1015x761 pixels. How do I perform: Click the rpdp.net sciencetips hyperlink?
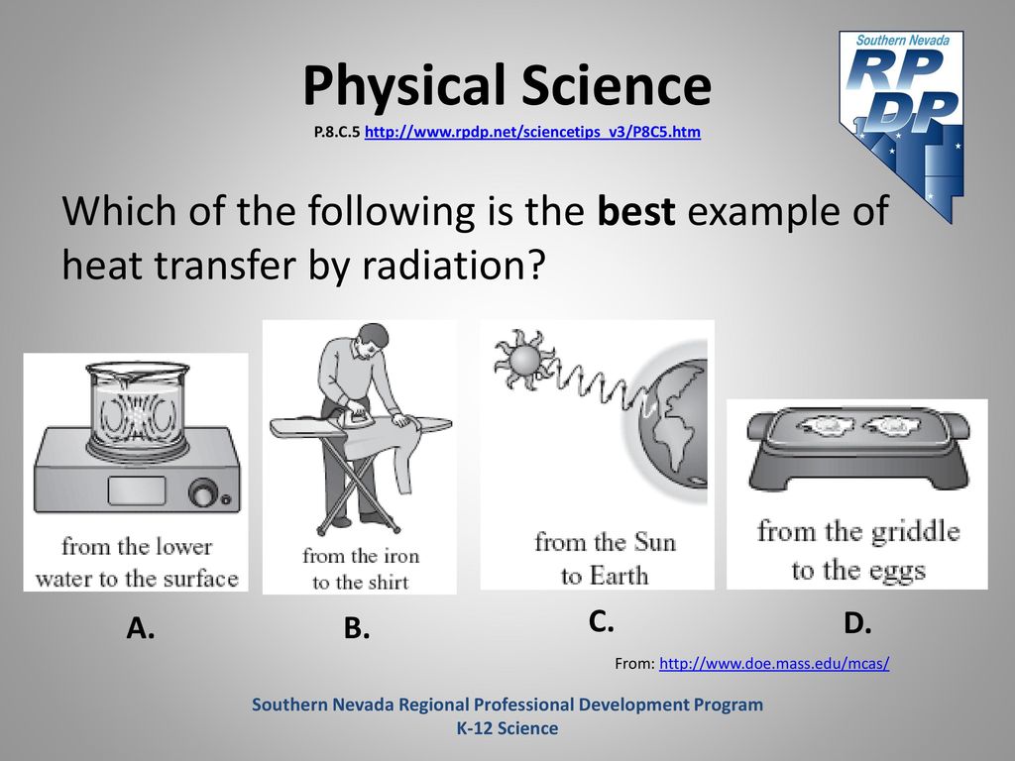(x=532, y=132)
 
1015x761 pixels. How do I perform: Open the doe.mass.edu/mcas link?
(x=774, y=663)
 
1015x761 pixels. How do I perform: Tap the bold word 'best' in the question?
(x=636, y=211)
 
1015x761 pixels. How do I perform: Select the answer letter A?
(x=141, y=627)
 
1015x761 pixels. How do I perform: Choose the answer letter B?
(x=357, y=628)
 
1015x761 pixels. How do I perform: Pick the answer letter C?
(x=602, y=621)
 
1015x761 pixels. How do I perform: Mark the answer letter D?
(x=857, y=623)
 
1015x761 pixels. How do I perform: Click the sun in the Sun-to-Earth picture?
(x=523, y=359)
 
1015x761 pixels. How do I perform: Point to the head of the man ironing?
(x=373, y=339)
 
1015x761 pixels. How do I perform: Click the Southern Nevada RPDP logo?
(x=902, y=126)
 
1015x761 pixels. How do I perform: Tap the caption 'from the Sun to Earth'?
(x=606, y=559)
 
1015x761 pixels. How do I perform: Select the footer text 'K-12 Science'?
(x=507, y=728)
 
